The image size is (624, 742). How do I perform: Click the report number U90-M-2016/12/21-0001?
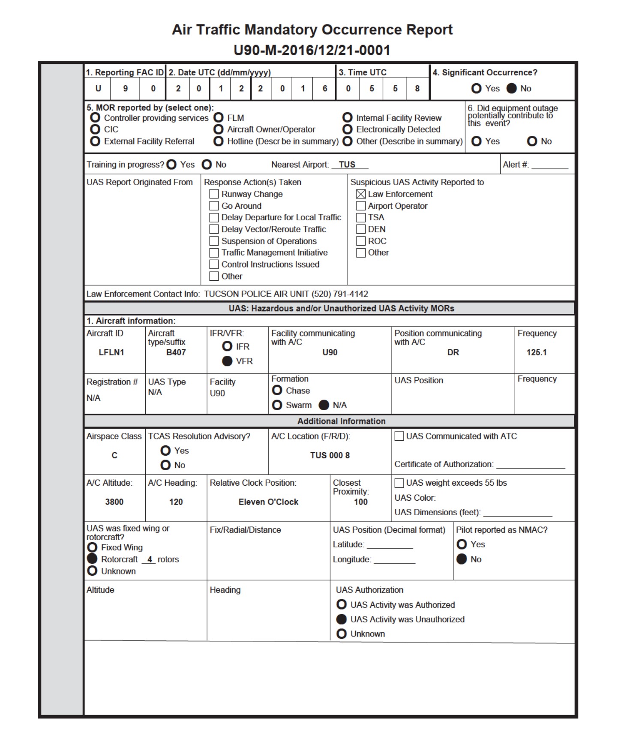312,51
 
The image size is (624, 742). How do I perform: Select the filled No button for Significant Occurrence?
512,88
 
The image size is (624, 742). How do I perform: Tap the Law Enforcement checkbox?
361,194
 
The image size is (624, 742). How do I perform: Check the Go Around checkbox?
214,206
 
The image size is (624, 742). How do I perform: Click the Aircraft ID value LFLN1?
111,352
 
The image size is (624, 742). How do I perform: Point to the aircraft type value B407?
176,352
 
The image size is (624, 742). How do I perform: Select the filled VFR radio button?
227,361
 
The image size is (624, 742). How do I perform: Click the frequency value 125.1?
536,352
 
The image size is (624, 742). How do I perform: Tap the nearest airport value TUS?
347,165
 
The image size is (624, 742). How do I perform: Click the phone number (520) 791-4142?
339,294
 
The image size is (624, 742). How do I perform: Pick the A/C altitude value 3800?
114,502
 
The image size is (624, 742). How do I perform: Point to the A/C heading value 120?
176,502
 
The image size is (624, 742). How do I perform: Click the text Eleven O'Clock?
268,502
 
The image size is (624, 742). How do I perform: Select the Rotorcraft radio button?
92,559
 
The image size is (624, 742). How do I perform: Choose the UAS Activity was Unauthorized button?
342,619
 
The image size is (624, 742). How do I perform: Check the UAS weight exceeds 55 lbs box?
399,483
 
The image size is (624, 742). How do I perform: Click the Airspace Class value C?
114,455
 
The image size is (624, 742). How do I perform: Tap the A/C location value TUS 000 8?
330,455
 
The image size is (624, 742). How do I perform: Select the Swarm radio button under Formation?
277,405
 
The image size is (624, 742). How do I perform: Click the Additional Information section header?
341,421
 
